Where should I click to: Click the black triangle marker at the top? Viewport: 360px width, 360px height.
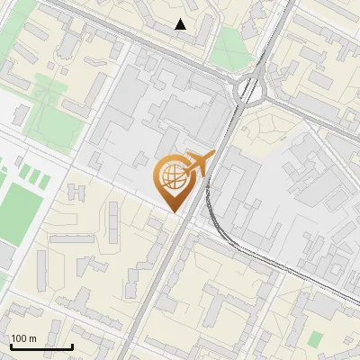click(x=181, y=24)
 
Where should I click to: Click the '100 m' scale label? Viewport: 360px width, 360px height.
click(x=23, y=338)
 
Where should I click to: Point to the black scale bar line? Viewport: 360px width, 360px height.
click(x=41, y=346)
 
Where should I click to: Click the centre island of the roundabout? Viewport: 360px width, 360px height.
click(x=247, y=89)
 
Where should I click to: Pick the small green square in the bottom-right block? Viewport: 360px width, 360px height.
click(x=314, y=339)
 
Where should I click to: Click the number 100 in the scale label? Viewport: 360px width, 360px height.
click(x=19, y=338)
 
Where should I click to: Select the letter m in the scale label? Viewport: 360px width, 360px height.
click(x=32, y=338)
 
